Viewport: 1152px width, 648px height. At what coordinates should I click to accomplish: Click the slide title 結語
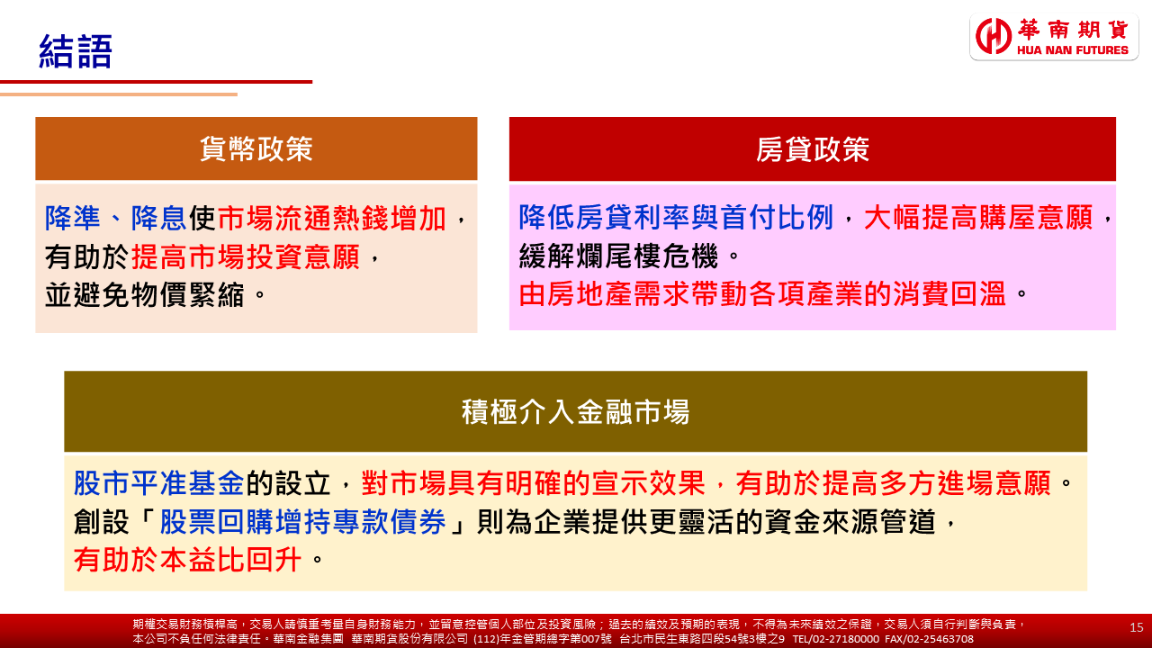tap(76, 51)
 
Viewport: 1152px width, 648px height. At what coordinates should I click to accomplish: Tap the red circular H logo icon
tap(993, 36)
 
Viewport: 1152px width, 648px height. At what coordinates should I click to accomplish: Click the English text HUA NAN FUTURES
tap(1072, 49)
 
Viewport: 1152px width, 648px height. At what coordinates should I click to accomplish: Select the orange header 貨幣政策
tap(256, 149)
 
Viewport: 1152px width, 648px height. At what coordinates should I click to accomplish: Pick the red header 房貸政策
tap(813, 149)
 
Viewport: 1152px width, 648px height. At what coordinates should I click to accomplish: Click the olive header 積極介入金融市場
tap(575, 411)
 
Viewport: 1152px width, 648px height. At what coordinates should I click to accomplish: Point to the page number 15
tap(1137, 627)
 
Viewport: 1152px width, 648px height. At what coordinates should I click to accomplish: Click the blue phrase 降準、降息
tap(115, 218)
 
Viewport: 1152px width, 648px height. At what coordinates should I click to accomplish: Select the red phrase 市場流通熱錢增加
tap(332, 218)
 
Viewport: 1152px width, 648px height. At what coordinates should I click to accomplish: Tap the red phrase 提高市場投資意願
tap(246, 256)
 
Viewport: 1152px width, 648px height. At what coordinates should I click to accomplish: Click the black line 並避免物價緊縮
tap(145, 295)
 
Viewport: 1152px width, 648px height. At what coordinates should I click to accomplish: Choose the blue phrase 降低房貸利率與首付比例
tap(675, 217)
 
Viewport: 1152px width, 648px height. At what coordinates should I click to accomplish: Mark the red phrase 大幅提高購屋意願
tap(978, 217)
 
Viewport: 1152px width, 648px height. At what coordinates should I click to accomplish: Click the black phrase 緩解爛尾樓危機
tap(618, 256)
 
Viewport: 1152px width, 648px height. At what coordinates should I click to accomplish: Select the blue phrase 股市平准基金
tap(159, 483)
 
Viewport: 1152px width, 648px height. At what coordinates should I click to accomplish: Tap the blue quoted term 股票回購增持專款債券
tap(302, 521)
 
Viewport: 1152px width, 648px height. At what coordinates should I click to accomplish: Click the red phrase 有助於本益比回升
tap(187, 560)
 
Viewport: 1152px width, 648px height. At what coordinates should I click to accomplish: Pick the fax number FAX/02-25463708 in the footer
tap(929, 639)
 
